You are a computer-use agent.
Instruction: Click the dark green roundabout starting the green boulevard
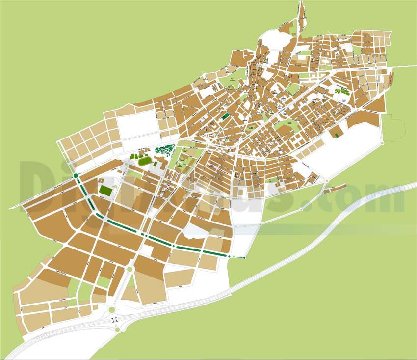pos(76,175)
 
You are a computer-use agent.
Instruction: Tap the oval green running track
pos(144,161)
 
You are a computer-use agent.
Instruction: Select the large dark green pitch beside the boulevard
pos(105,190)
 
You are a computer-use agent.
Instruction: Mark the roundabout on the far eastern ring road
pos(383,143)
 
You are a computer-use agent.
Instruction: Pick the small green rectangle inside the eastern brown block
pos(337,134)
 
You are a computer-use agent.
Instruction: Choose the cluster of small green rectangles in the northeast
pos(342,91)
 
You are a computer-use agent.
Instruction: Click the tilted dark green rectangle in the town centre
pos(225,116)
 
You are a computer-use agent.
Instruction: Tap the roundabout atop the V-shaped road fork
pos(130,269)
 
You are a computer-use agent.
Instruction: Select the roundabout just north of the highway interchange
pos(112,309)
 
